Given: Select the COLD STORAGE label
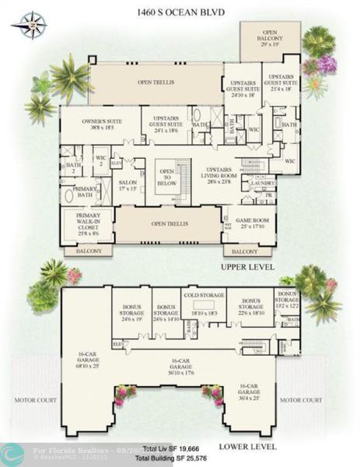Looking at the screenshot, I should tap(198, 295).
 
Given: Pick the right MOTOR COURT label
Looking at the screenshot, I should tap(300, 400).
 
